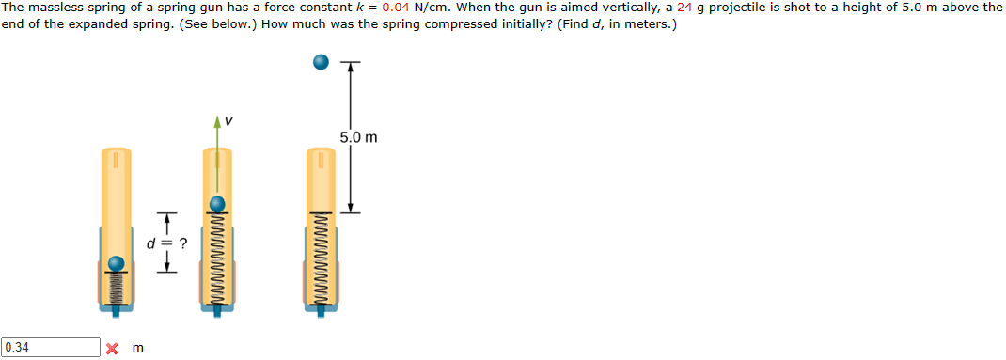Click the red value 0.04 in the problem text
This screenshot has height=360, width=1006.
pos(395,9)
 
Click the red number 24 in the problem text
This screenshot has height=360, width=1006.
pos(685,9)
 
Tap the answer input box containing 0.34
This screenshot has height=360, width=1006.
pos(51,347)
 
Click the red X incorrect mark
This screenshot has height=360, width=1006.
pos(112,349)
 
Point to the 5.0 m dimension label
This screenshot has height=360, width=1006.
pos(359,137)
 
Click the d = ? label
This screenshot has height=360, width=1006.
pos(166,243)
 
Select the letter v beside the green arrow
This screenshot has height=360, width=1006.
pos(229,120)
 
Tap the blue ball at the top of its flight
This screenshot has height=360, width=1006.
pos(321,62)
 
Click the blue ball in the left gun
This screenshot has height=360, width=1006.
pos(117,264)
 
